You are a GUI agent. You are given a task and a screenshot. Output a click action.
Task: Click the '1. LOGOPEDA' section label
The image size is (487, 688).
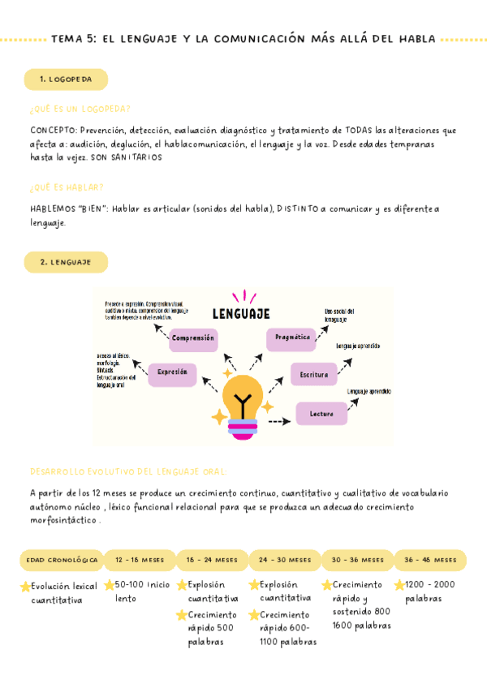pos(66,80)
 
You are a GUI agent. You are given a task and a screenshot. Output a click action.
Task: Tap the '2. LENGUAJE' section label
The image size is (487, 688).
pos(66,262)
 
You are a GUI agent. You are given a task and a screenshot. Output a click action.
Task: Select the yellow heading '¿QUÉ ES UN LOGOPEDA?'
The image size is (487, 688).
pos(80,109)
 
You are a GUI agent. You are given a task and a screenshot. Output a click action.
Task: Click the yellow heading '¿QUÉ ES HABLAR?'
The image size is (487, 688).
pos(67,187)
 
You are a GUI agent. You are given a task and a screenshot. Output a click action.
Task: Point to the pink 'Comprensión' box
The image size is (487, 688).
pos(193,338)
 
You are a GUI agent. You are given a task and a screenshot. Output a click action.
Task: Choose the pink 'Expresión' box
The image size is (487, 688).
pos(172,372)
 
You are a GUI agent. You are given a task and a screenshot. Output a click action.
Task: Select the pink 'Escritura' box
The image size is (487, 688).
pos(313,375)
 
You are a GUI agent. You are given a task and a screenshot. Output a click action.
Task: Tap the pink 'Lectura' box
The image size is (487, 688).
pos(321,414)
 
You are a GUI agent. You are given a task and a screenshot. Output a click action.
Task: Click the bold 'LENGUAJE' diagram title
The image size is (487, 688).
pos(241,313)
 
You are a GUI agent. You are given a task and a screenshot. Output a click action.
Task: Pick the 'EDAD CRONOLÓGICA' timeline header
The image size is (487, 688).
pos(62,561)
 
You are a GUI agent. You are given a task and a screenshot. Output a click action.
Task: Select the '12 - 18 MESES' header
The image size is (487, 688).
pos(140,561)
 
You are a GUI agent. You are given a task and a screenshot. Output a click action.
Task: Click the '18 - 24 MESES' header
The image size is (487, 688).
pos(212,561)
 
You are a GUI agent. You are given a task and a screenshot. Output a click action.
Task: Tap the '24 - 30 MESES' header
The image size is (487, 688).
pos(285,561)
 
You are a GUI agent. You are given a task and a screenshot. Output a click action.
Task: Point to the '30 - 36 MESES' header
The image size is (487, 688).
pos(358,561)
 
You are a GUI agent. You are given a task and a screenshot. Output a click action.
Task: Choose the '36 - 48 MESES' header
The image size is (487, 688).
pos(430,561)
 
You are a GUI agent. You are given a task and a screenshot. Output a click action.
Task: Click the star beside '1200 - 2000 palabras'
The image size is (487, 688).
pos(399,585)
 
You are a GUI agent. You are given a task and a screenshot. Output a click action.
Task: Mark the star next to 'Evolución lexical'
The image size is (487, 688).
pos(25,587)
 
